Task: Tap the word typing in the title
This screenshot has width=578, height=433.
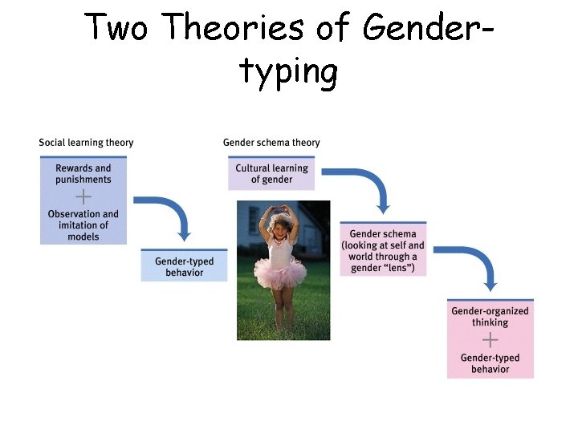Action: point(288,72)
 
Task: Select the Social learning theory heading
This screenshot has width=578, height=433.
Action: point(86,143)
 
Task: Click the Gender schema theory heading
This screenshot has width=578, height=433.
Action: point(271,143)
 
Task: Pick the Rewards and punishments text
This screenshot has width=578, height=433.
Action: point(83,174)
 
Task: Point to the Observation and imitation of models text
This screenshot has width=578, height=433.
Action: point(83,225)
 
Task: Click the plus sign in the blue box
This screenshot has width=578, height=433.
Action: point(83,196)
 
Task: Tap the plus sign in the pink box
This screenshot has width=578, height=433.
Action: point(490,340)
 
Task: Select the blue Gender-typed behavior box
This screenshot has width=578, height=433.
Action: point(185,267)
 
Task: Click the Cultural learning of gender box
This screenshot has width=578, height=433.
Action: point(271,174)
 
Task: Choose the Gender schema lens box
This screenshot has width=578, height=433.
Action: point(383,251)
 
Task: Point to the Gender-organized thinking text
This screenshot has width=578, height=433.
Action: point(490,317)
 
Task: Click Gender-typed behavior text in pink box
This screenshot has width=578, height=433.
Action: point(490,363)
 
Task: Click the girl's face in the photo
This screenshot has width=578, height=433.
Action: point(281,225)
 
